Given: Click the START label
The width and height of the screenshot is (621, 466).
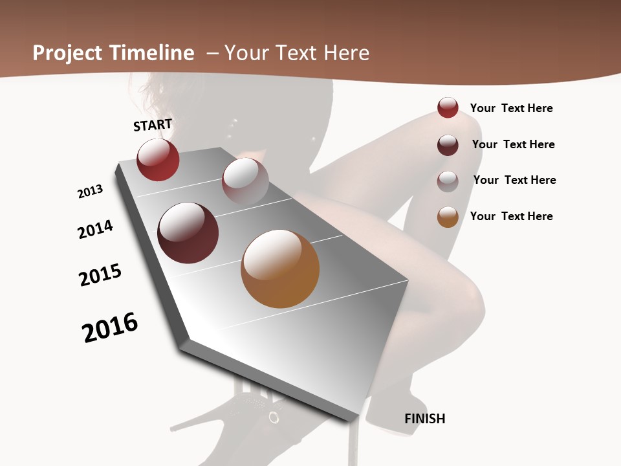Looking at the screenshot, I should pyautogui.click(x=153, y=125).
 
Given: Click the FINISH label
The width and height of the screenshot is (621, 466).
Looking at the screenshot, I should pyautogui.click(x=425, y=419).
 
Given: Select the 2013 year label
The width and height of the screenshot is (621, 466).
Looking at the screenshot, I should pyautogui.click(x=90, y=192).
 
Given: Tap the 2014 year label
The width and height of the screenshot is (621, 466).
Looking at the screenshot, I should pyautogui.click(x=95, y=230).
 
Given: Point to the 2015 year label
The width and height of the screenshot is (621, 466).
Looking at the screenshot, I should pyautogui.click(x=100, y=275).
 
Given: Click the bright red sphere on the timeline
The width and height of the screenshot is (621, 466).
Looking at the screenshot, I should pyautogui.click(x=158, y=160).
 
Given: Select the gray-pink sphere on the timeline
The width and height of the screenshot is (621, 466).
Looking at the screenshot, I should pyautogui.click(x=245, y=181).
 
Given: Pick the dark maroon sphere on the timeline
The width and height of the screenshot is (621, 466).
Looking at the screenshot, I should pyautogui.click(x=188, y=233).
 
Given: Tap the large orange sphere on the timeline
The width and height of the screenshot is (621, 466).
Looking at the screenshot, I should pyautogui.click(x=280, y=269).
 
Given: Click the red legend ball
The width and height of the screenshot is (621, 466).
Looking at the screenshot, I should pyautogui.click(x=448, y=107).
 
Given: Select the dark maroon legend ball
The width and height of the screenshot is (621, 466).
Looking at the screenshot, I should pyautogui.click(x=448, y=145).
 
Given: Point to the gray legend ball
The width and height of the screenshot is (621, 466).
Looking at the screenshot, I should pyautogui.click(x=448, y=181).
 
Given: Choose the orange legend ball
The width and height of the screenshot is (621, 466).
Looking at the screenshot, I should pyautogui.click(x=448, y=217).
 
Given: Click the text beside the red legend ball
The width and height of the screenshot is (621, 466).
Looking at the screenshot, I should pyautogui.click(x=511, y=108).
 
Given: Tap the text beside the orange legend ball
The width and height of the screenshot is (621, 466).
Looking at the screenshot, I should pyautogui.click(x=511, y=216).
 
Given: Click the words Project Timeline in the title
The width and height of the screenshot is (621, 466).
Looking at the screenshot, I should pyautogui.click(x=113, y=53).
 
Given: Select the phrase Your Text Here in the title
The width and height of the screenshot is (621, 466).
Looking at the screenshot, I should pyautogui.click(x=297, y=53).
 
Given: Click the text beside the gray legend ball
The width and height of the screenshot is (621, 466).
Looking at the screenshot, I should pyautogui.click(x=514, y=180).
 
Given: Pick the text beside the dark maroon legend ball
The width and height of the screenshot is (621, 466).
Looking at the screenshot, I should pyautogui.click(x=513, y=144).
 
